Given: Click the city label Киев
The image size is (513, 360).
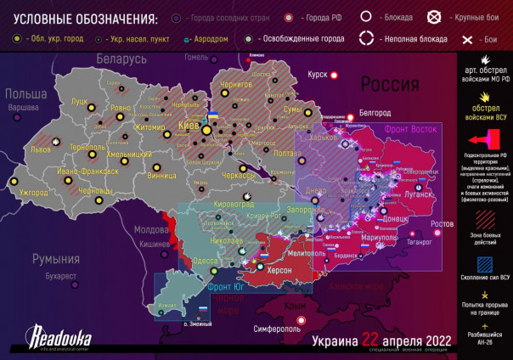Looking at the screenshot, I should pyautogui.click(x=188, y=125).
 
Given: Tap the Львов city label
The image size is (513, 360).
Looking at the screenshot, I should pyautogui.click(x=40, y=148).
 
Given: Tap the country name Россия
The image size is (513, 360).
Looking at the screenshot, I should pyautogui.click(x=390, y=85).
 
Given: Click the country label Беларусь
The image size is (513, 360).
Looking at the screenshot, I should pyautogui.click(x=121, y=59).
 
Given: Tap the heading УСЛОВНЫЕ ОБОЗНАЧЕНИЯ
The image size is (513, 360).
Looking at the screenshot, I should pyautogui.click(x=80, y=19).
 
